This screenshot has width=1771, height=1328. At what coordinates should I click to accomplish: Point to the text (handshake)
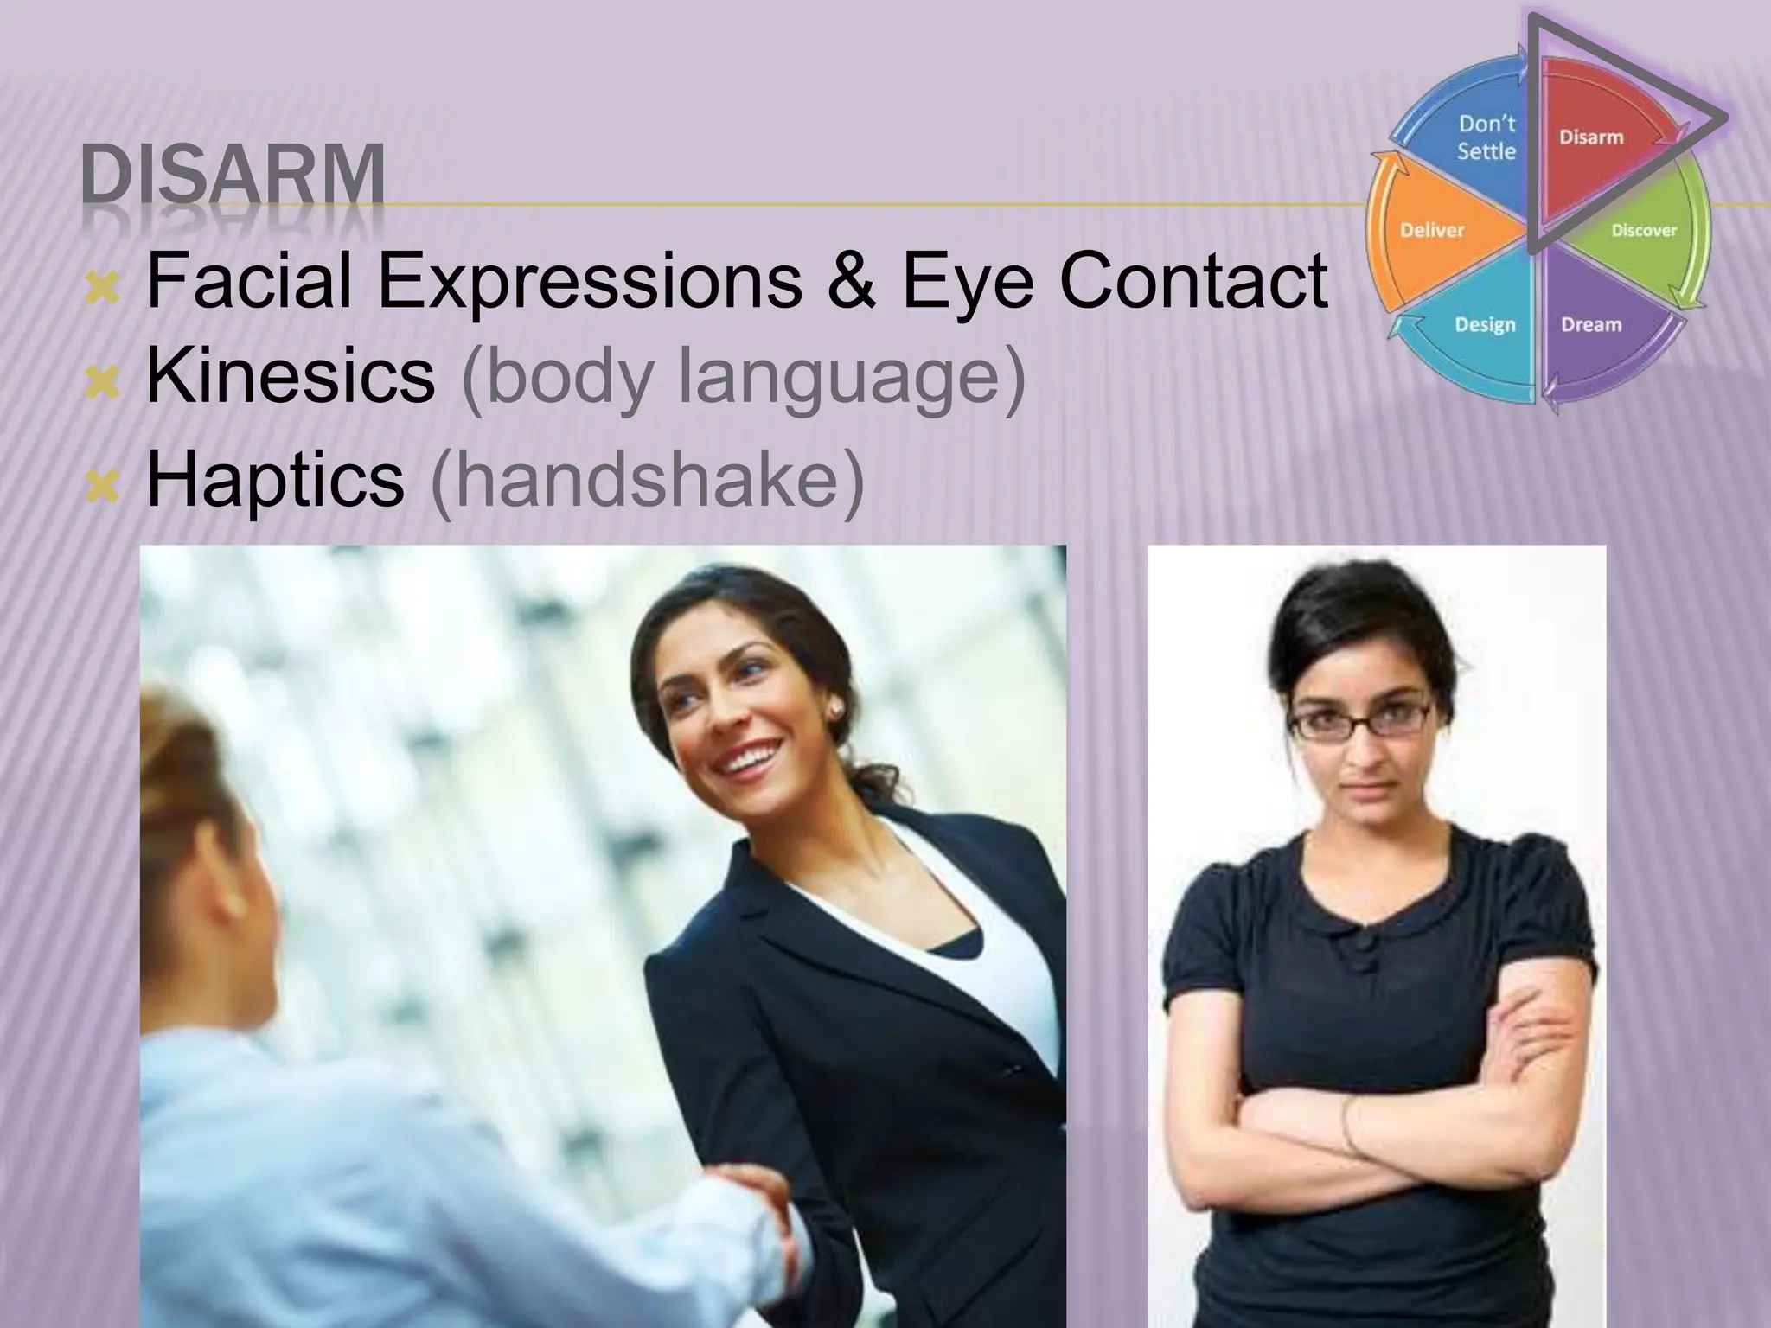coord(647,480)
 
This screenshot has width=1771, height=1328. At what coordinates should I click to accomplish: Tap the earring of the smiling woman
coord(836,712)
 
